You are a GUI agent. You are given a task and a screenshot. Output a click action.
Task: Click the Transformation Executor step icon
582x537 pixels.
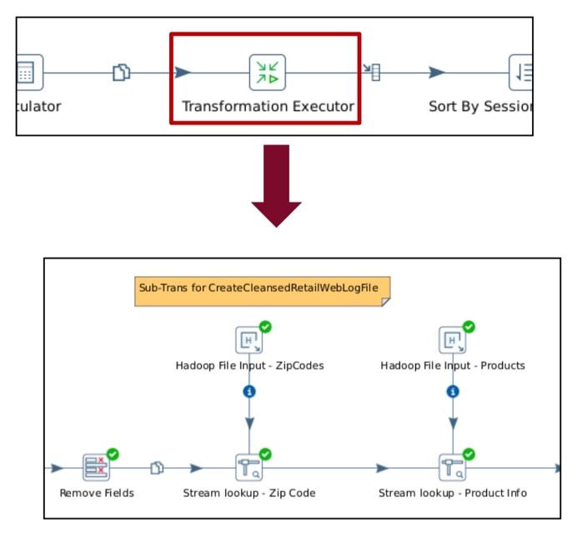coord(267,73)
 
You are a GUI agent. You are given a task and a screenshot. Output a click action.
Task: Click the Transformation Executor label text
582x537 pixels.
coord(268,107)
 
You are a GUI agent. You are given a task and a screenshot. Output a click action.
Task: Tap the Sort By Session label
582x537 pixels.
coord(480,107)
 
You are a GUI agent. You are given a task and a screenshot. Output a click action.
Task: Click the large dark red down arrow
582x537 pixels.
coord(276,186)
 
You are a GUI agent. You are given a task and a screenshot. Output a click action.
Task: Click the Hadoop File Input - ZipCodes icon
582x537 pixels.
coord(248,340)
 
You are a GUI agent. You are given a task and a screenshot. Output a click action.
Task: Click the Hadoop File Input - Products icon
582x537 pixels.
coord(453,340)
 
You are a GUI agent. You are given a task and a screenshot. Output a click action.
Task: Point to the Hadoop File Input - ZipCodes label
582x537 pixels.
coord(249,365)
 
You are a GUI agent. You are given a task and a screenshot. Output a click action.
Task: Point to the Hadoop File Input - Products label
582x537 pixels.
coord(453,365)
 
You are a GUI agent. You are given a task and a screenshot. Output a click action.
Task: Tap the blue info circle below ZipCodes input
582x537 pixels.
coord(248,391)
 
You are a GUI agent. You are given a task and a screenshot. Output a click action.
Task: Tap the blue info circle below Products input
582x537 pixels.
coord(453,391)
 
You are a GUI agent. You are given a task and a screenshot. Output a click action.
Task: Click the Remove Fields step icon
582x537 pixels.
coord(97,469)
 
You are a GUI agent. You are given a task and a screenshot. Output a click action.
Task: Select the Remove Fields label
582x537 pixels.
coord(97,493)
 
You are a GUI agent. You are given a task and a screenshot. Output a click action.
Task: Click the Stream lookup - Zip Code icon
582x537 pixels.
coord(249,469)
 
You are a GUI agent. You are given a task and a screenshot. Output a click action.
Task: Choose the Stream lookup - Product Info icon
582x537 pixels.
coord(453,469)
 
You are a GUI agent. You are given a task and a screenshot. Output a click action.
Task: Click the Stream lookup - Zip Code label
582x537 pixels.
coord(249,493)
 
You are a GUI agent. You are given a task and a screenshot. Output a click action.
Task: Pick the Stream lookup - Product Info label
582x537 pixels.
coord(453,493)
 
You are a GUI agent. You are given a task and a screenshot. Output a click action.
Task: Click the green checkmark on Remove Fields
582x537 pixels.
coord(113,454)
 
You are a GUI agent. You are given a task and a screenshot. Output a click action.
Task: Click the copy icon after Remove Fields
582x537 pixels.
coord(156,469)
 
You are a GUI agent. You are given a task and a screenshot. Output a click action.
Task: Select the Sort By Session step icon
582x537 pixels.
coord(522,73)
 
